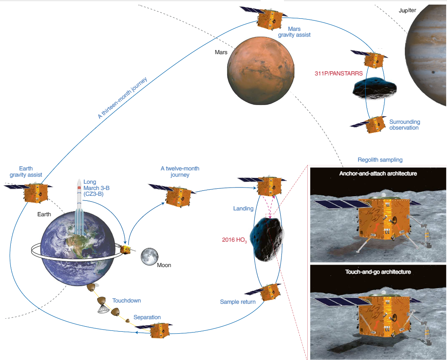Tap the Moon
tap(149, 256)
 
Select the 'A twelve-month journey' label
tap(180, 172)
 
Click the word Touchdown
tap(126, 300)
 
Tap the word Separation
tap(147, 317)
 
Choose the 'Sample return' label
tap(238, 302)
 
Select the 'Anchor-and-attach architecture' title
tap(378, 173)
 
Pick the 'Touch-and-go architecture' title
tap(378, 272)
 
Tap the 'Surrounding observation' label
tap(404, 125)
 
